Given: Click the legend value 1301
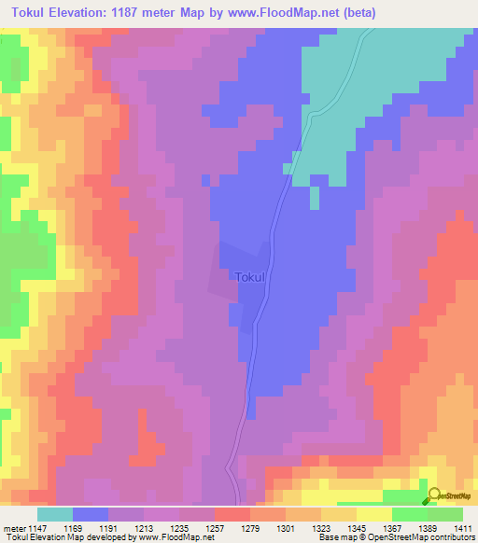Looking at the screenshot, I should click(288, 528).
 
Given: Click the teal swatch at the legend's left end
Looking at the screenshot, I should click(55, 514).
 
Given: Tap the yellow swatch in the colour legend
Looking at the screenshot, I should click(373, 514).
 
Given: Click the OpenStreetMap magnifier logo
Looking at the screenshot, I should click(434, 495).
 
